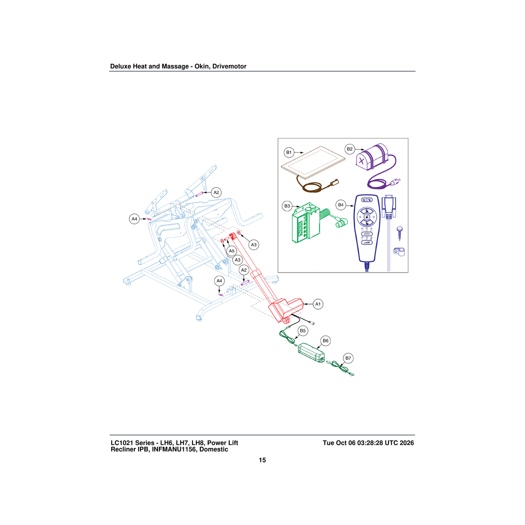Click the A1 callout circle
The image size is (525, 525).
pos(318,304)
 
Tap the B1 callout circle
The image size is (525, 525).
pos(289,153)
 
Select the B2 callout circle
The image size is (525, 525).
pos(350,149)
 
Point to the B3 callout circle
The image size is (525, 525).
pos(287,206)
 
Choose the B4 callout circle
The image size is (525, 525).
pos(341,205)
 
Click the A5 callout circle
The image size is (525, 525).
pos(231,251)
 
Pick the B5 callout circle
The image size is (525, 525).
pos(303,331)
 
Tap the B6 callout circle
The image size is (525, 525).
pos(325,340)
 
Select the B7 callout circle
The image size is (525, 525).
pos(348,358)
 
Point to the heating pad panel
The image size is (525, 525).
pos(313,162)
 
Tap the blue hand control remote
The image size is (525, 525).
pos(367,228)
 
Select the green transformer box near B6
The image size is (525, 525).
pos(311,353)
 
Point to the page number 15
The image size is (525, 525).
pos(262,460)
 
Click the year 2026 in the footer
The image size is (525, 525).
pos(406,443)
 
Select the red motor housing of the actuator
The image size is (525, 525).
pos(286,309)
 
